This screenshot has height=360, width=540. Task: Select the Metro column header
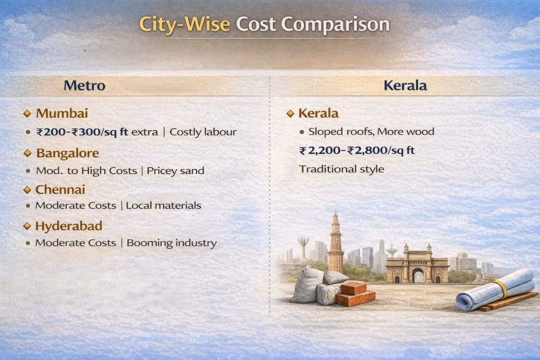(84, 85)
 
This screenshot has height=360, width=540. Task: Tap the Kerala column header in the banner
(404, 85)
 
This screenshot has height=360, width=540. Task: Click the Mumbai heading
(62, 113)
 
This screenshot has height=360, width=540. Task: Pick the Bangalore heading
(67, 153)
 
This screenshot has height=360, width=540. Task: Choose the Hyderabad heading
(69, 226)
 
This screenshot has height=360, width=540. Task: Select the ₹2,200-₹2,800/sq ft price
(357, 151)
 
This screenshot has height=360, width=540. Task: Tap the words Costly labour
(202, 132)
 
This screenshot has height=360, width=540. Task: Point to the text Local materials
(163, 206)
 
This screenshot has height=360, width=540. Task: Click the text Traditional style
(342, 169)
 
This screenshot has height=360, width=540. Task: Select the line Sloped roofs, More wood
(371, 132)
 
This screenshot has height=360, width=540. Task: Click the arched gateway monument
(417, 266)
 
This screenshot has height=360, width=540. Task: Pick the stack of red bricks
(355, 293)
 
